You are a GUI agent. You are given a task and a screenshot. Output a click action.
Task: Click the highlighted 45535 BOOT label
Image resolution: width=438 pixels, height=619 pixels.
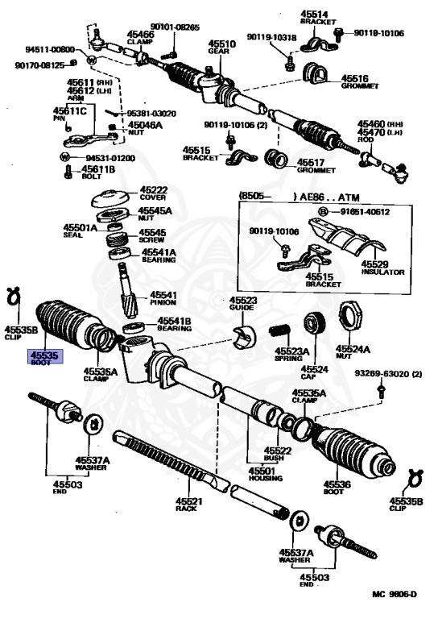click(45, 357)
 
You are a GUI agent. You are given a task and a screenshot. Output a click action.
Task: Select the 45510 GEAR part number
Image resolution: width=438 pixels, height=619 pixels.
click(221, 47)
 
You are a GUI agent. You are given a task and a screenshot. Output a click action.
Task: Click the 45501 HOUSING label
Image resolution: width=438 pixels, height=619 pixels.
click(262, 474)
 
